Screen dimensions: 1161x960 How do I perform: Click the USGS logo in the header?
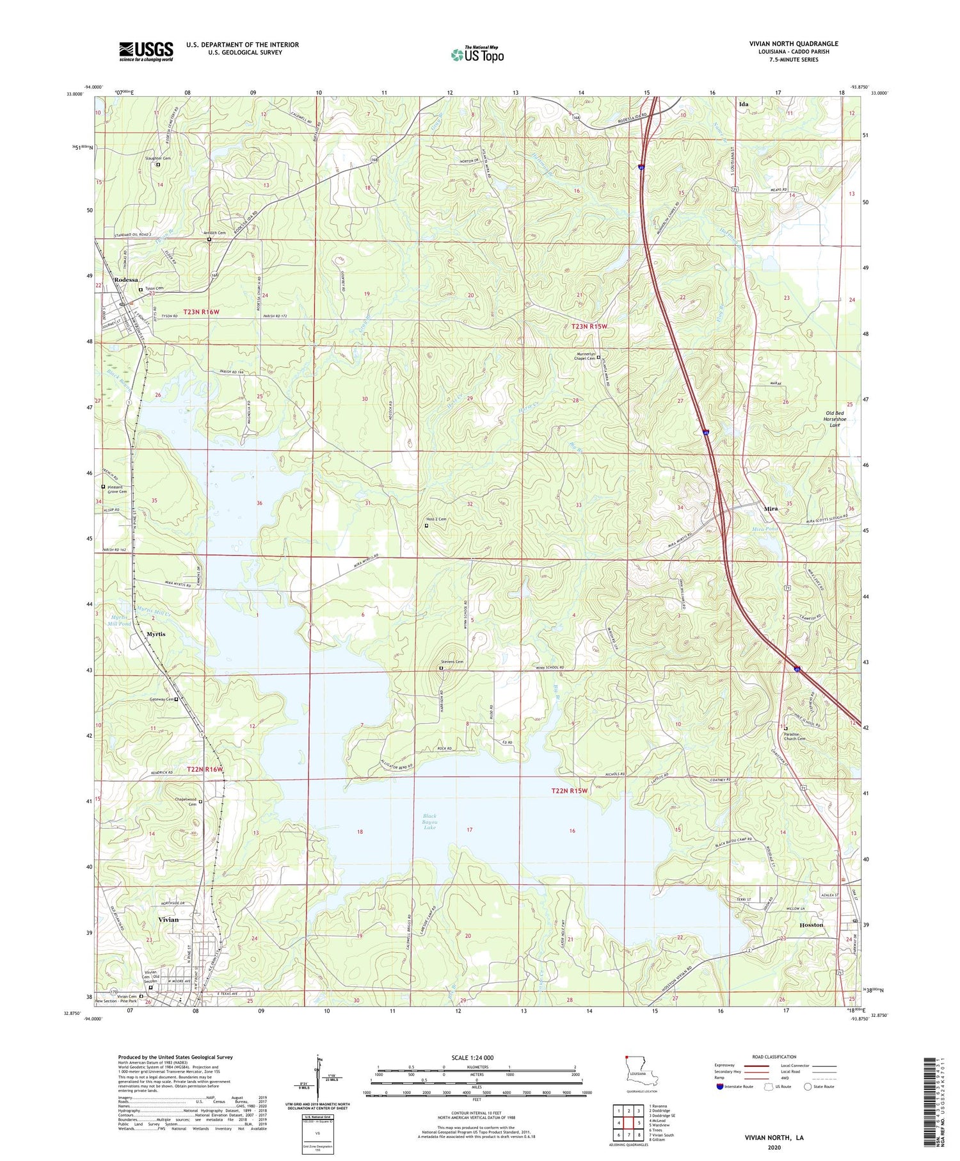tap(146, 51)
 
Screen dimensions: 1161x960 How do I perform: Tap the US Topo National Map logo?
tap(477, 54)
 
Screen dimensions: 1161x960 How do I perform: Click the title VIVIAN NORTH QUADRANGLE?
tap(794, 44)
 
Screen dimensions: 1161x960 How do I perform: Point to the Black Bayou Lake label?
tap(429, 822)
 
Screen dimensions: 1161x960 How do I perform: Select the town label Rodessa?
tap(125, 280)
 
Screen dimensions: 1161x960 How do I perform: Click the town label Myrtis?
tap(156, 634)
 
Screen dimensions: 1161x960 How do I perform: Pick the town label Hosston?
tap(811, 925)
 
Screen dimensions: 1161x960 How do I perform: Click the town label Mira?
tap(771, 508)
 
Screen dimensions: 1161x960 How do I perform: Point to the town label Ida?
tap(743, 104)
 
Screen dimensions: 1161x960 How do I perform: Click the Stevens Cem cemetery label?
tap(452, 662)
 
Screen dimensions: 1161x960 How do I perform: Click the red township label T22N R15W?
tap(569, 791)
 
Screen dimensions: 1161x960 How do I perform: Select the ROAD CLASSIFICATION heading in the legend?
tap(774, 1057)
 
